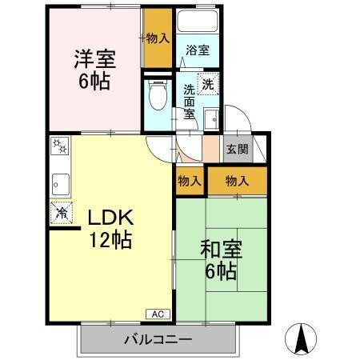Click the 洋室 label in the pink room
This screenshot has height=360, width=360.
[94, 58]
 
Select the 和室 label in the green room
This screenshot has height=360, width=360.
[220, 249]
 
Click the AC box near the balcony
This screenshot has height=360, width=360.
[157, 314]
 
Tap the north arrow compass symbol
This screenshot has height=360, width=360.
[302, 338]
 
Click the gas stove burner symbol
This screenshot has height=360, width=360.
[59, 148]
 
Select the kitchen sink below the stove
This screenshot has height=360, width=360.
[61, 183]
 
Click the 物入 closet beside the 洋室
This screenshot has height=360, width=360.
[158, 38]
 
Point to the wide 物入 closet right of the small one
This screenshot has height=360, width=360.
[238, 181]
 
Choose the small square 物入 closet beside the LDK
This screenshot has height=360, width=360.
[189, 181]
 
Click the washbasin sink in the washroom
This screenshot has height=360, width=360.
[210, 121]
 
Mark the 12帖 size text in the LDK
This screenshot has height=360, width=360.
[110, 238]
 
